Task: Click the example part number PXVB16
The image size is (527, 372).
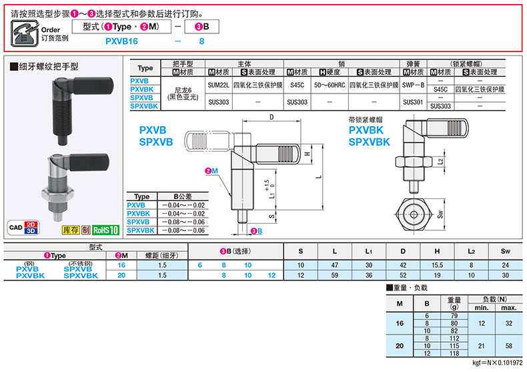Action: click(x=122, y=41)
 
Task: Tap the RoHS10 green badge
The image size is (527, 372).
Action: click(x=105, y=230)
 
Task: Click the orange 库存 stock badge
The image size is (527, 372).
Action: click(x=71, y=230)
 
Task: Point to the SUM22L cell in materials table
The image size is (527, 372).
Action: click(x=218, y=85)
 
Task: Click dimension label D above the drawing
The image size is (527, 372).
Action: click(x=272, y=118)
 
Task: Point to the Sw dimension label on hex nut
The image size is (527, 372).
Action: click(x=440, y=214)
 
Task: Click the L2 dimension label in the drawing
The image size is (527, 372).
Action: click(x=440, y=162)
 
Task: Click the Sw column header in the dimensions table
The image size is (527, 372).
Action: click(x=504, y=251)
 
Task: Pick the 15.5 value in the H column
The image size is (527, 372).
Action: click(x=437, y=265)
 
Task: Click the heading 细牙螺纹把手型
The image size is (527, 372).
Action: click(x=45, y=67)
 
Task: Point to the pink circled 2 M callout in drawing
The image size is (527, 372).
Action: click(x=211, y=172)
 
